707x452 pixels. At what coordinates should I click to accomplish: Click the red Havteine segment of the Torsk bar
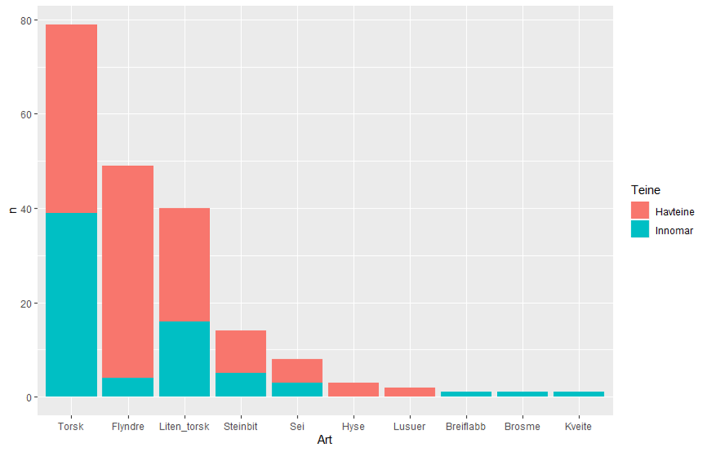point(72,118)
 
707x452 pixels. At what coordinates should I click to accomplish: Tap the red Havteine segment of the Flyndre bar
point(128,271)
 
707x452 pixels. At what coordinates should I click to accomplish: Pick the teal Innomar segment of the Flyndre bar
point(128,387)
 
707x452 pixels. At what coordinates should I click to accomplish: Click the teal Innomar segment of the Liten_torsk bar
point(184,358)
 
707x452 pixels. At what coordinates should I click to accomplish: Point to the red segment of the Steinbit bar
point(241,351)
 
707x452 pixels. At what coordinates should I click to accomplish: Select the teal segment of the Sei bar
point(297,389)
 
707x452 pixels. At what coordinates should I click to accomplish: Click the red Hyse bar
point(353,389)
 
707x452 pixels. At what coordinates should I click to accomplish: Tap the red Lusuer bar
point(409,392)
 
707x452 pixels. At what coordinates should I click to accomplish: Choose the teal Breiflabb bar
point(466,394)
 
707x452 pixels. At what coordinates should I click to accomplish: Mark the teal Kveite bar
point(578,394)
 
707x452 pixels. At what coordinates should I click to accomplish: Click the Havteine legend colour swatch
point(640,211)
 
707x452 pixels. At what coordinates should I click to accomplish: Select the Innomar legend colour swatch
point(640,229)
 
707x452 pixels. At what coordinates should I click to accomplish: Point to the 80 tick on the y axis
point(26,20)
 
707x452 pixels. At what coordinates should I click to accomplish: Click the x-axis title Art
point(324,440)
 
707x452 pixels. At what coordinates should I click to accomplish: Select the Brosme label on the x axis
point(522,426)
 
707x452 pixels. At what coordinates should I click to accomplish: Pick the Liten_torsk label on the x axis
point(184,426)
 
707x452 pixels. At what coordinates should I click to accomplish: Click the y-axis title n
point(12,208)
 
